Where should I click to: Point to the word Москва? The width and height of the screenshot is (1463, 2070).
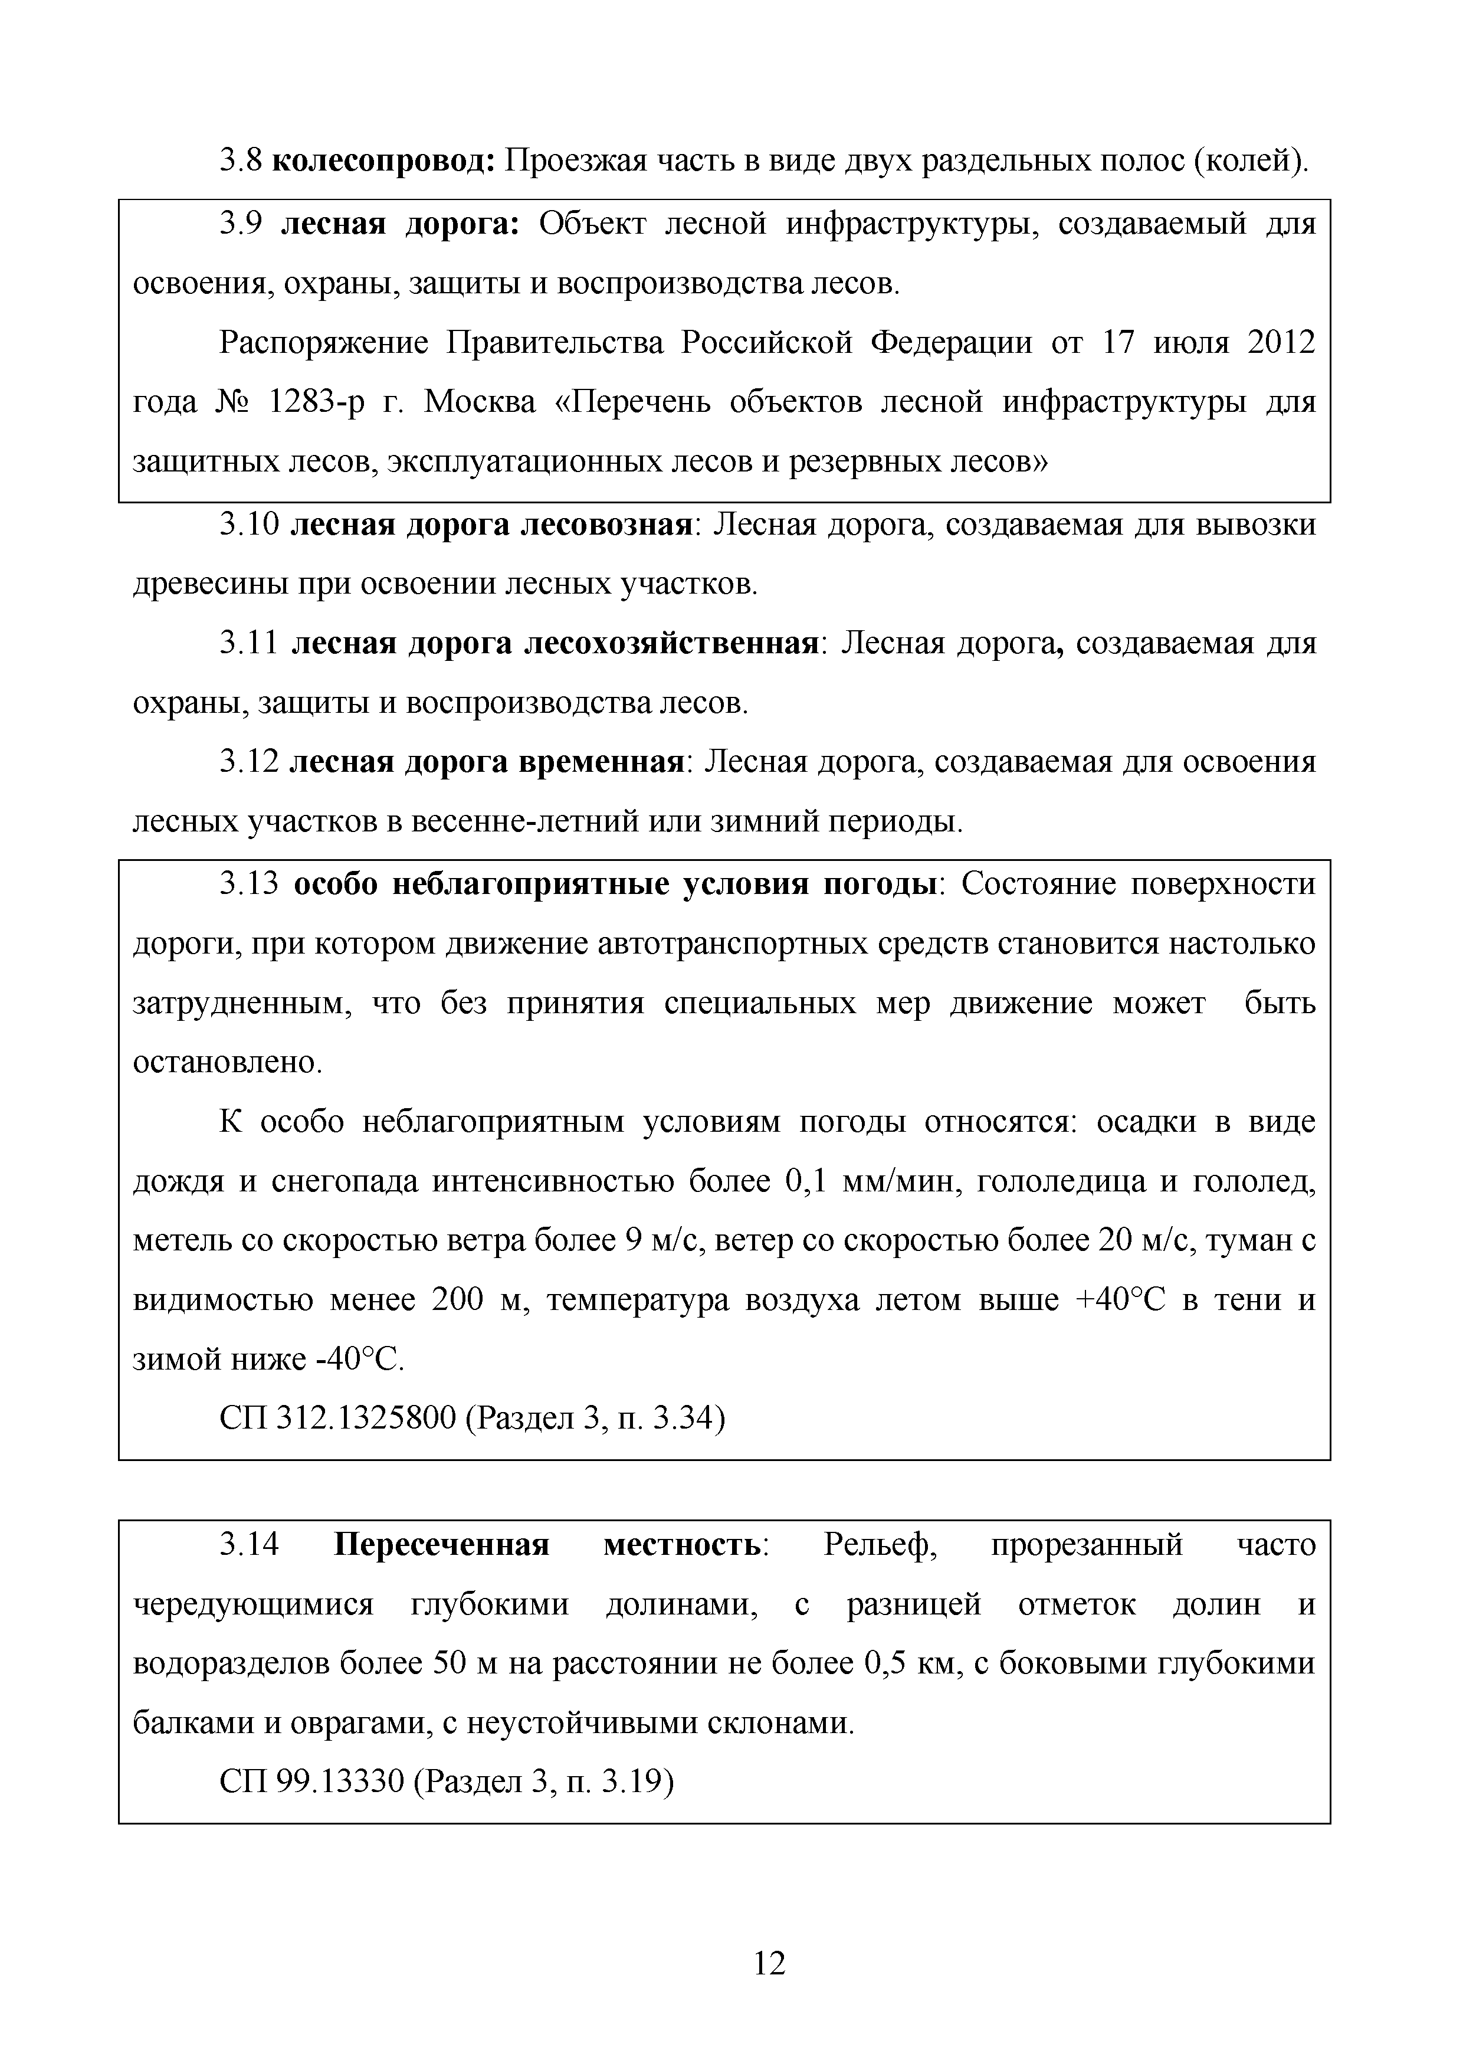pyautogui.click(x=480, y=401)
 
